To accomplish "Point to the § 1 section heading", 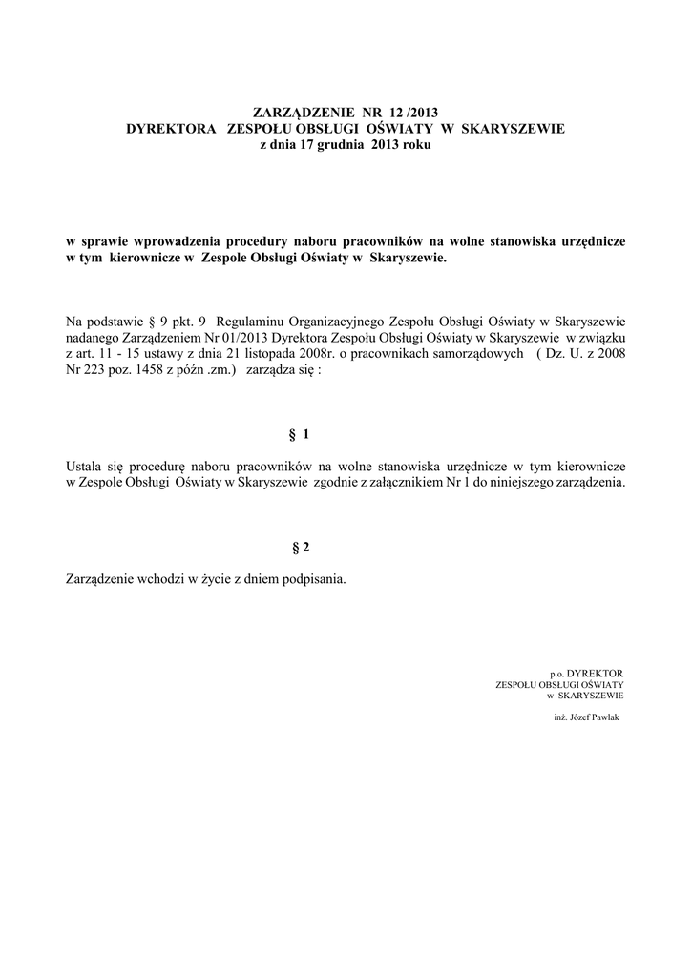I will click(300, 435).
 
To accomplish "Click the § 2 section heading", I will click(300, 548).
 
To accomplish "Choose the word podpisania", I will click(311, 579).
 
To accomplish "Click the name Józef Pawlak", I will click(595, 717).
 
